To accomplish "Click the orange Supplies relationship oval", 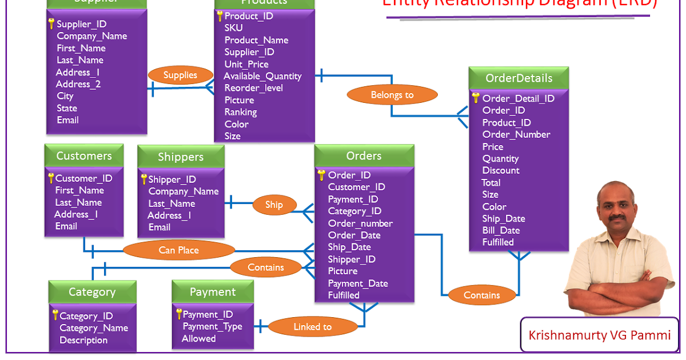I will click(x=180, y=75).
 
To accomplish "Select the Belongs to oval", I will click(x=392, y=95).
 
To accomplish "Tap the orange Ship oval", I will click(x=274, y=205).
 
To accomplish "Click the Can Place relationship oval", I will click(x=179, y=250).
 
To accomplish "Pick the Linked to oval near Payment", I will click(x=312, y=327).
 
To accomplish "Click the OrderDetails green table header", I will click(x=519, y=78).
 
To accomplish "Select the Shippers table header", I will click(x=181, y=157).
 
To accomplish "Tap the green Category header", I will click(x=92, y=292).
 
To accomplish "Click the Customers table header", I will click(x=84, y=155).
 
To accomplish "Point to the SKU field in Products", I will click(x=233, y=28).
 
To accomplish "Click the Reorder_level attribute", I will click(x=253, y=88).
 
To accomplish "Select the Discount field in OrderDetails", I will click(x=501, y=170).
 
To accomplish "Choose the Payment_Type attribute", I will click(x=212, y=326).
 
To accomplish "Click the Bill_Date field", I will click(x=501, y=230).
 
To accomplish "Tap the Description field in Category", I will click(x=83, y=340).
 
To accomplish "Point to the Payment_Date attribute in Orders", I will click(x=358, y=283).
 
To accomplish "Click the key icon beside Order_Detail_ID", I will click(x=476, y=98).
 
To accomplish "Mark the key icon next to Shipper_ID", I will click(x=144, y=179).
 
